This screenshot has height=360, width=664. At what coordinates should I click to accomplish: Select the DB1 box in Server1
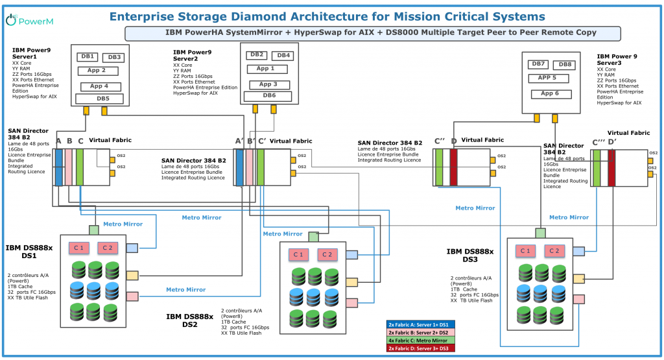click(x=89, y=56)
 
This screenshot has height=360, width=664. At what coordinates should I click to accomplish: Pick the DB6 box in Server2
click(x=269, y=95)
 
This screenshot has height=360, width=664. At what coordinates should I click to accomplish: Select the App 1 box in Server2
click(x=266, y=69)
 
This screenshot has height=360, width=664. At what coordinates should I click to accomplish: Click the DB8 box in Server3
click(x=565, y=64)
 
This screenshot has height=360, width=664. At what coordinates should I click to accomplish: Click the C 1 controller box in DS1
click(x=80, y=248)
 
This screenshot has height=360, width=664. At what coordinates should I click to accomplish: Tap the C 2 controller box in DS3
click(x=553, y=251)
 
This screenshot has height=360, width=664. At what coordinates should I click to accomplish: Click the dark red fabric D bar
click(x=453, y=167)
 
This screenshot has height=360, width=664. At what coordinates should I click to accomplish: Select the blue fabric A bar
click(x=58, y=167)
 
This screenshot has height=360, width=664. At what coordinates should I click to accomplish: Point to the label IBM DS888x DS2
click(x=189, y=320)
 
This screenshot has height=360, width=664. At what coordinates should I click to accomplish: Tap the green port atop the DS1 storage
click(x=93, y=230)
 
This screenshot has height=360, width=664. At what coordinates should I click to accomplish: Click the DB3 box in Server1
click(x=114, y=57)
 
